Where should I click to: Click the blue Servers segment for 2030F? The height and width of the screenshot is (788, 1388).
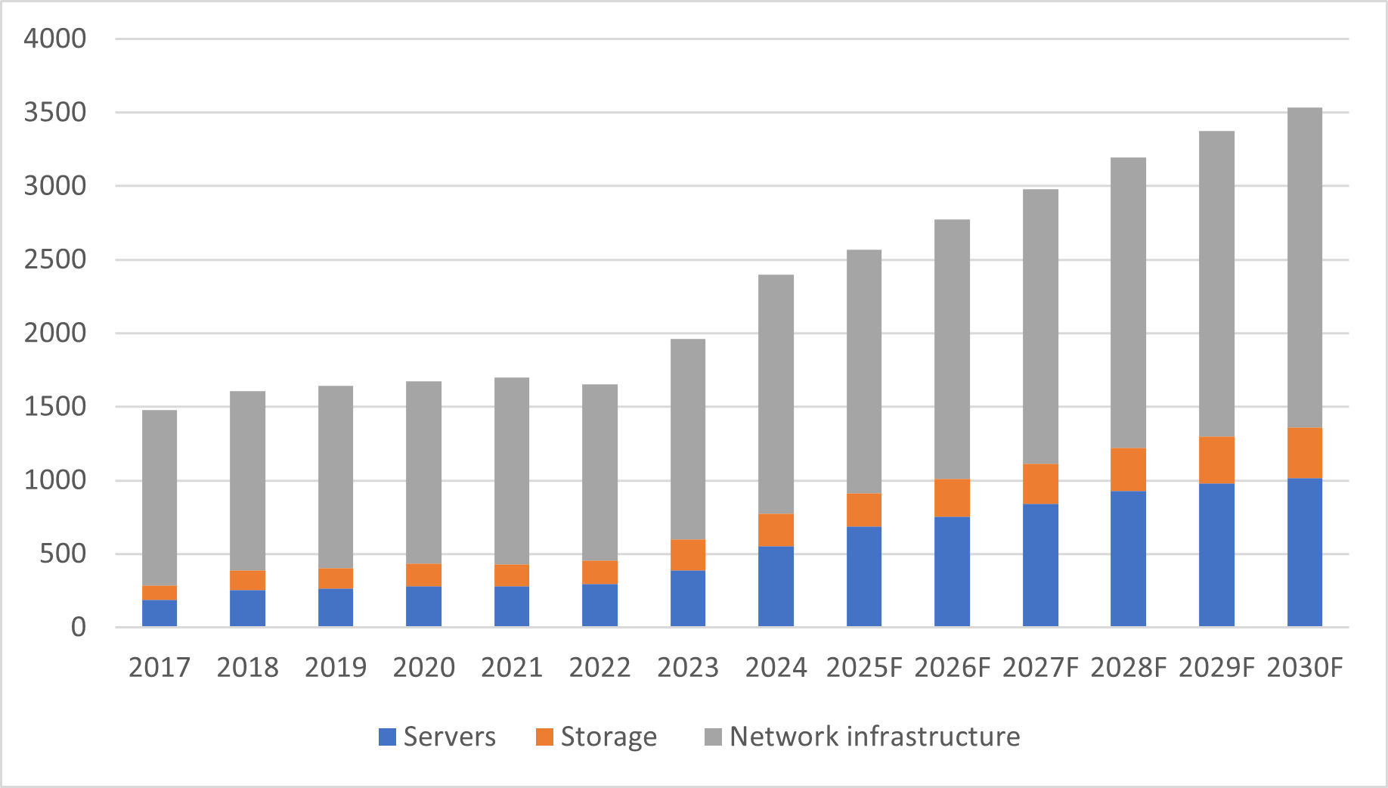pos(1305,552)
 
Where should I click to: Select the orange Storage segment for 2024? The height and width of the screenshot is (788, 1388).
pos(776,530)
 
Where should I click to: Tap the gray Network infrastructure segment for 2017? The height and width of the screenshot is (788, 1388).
pos(160,498)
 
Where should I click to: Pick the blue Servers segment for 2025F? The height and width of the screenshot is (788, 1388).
pos(864,576)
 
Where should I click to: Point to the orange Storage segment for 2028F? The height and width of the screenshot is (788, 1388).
pos(1128,470)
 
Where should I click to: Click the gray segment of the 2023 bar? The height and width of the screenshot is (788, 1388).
pos(688,439)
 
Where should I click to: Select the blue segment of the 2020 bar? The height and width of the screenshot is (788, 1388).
pos(423,607)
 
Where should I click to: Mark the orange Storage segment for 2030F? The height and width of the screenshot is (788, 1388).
pos(1305,453)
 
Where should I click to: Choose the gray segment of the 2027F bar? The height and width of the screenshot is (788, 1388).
pos(1040,327)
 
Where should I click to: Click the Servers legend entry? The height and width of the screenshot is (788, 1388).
pos(437,737)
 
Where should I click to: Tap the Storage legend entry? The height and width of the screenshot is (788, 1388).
pos(596,737)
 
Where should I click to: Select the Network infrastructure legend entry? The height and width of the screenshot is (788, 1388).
pos(862,737)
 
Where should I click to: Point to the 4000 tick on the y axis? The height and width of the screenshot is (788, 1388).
pos(55,39)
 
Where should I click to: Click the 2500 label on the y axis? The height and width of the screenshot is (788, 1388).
pos(55,259)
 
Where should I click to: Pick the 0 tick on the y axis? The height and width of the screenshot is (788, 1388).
pos(78,627)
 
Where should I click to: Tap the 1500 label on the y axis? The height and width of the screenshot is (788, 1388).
pos(55,407)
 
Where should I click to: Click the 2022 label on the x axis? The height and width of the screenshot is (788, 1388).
pos(600,668)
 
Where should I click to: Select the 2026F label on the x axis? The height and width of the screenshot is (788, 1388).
pos(952,668)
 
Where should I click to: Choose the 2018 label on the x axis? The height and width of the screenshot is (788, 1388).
pos(247,668)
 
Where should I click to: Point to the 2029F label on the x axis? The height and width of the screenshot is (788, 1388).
pos(1216,668)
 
